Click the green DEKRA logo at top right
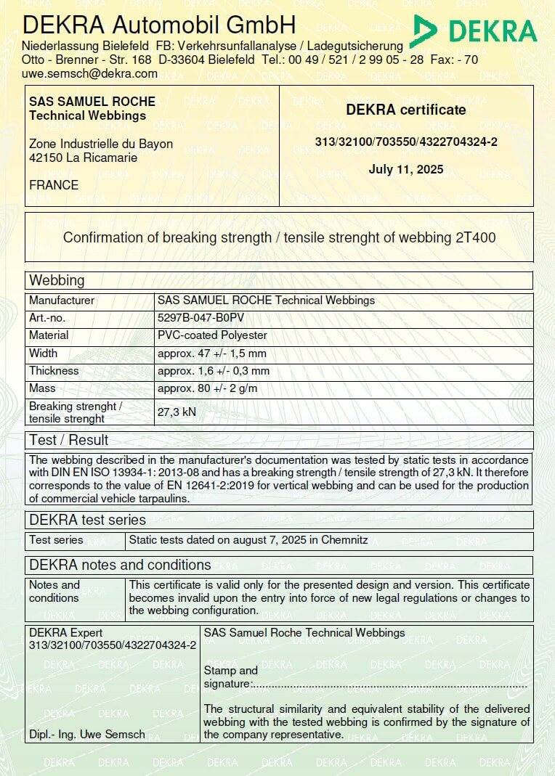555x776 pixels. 474,30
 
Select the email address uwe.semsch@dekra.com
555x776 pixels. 89,73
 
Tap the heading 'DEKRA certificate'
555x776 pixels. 406,110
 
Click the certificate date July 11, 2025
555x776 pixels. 406,170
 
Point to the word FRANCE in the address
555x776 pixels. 54,185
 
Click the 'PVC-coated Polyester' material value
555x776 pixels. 212,335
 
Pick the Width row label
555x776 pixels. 43,353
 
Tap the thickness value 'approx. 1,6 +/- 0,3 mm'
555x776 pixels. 214,371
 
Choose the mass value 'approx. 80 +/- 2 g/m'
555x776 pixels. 207,388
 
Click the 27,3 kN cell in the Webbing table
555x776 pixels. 177,412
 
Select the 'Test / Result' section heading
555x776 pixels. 68,440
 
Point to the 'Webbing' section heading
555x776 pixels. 57,280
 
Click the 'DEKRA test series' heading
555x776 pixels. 87,520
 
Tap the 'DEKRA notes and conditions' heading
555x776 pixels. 120,565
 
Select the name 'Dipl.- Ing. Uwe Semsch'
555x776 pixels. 87,734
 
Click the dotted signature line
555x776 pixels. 389,685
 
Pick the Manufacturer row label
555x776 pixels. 62,300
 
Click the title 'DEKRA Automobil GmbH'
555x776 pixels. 159,25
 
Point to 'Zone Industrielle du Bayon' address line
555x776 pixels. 101,144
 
